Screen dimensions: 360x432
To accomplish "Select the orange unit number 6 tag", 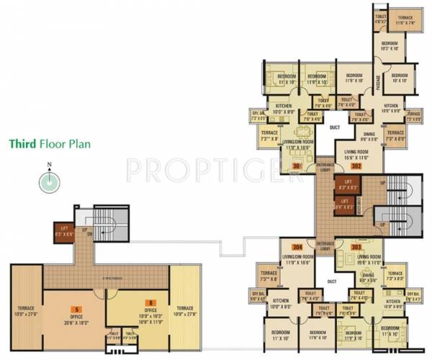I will click(150, 302).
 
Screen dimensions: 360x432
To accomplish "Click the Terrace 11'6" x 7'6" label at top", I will click(405, 20).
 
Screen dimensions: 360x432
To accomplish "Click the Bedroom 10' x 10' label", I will click(400, 77).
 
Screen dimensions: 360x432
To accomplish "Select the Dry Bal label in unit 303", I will click(412, 294).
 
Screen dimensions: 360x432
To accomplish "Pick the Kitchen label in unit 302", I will click(391, 107).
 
